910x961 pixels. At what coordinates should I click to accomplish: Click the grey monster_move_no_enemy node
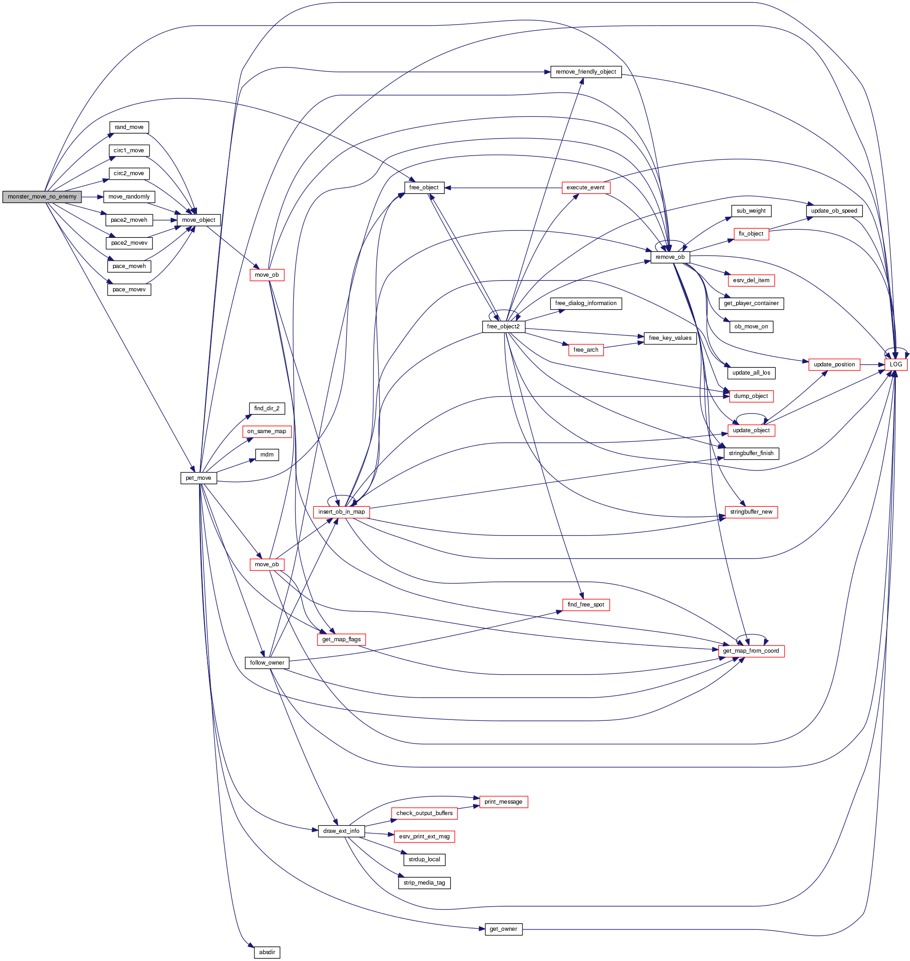[42, 197]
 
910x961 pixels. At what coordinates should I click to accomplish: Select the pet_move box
[199, 478]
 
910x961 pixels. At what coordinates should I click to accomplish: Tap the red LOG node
[895, 365]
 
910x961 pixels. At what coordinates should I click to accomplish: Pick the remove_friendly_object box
[586, 72]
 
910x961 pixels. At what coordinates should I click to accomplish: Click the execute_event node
[586, 188]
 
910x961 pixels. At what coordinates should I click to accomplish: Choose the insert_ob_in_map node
[341, 512]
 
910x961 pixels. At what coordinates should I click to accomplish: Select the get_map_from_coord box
[751, 651]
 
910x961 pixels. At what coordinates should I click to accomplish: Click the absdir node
[267, 952]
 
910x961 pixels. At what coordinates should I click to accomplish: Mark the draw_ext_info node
[341, 831]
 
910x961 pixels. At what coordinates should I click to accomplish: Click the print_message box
[503, 802]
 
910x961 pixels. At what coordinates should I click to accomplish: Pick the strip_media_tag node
[424, 883]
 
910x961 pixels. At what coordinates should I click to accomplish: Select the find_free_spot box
[586, 605]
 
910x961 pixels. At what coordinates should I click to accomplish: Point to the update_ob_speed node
[834, 211]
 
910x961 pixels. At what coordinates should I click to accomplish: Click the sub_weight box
[751, 211]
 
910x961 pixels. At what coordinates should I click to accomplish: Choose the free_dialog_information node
[586, 304]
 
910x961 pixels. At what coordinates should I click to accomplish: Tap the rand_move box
[129, 128]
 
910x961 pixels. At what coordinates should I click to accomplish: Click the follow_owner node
[267, 663]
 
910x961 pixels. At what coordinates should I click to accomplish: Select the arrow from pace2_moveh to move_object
[165, 220]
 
